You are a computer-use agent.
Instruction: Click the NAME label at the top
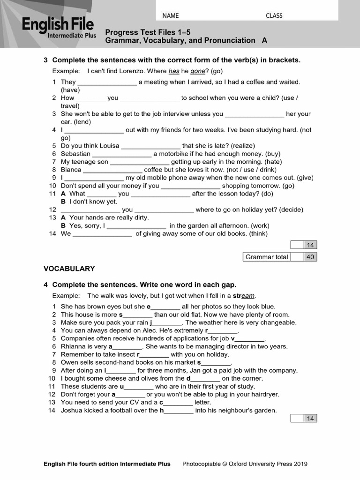[x=171, y=15]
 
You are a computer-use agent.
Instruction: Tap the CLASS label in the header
[x=274, y=15]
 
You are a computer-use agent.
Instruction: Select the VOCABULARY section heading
[x=69, y=269]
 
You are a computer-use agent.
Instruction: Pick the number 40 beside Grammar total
[x=310, y=257]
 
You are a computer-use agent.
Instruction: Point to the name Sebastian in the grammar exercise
[x=75, y=154]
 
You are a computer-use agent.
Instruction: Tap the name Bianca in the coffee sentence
[x=71, y=170]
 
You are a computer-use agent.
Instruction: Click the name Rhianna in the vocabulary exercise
[x=74, y=346]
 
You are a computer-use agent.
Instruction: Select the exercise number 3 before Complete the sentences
[x=45, y=60]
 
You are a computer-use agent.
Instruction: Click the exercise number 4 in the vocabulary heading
[x=45, y=285]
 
